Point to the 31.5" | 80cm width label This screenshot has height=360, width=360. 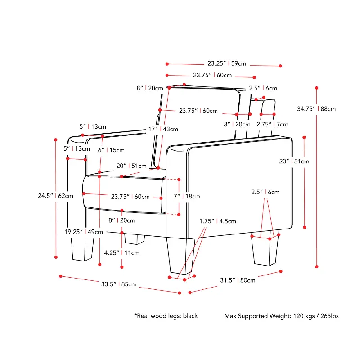point(237,280)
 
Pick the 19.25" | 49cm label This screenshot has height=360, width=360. point(83,232)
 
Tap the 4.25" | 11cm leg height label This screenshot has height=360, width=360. point(122,253)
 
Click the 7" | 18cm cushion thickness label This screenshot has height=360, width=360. point(187,196)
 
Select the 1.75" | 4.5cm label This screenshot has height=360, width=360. point(218,221)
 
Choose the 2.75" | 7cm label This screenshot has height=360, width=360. point(272,125)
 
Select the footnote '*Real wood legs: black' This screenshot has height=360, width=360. point(166,316)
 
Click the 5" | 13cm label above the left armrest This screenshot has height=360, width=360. point(93,127)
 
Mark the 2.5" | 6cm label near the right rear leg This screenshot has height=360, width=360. point(265,192)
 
